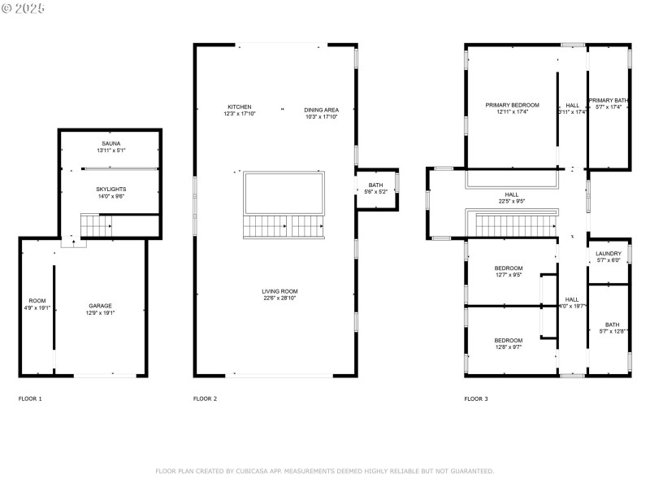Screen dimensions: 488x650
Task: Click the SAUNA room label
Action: [111, 143]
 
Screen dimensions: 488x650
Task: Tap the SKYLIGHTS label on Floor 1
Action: [111, 189]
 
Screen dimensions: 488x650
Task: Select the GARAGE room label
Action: [101, 306]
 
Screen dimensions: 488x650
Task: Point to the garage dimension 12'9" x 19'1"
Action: [101, 313]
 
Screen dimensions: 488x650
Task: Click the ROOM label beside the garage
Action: [37, 301]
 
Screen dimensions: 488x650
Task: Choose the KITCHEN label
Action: [239, 107]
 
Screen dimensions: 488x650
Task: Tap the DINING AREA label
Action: [321, 110]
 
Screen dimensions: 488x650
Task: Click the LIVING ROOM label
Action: [279, 291]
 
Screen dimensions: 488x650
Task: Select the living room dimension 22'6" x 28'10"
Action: [279, 298]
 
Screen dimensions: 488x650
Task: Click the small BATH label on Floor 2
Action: [375, 185]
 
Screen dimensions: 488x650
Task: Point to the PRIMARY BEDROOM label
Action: [512, 105]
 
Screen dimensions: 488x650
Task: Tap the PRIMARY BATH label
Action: [609, 100]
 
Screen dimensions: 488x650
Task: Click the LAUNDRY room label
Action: [609, 254]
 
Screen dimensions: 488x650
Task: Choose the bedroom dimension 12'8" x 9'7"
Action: [508, 347]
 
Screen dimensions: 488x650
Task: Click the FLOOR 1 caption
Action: [30, 399]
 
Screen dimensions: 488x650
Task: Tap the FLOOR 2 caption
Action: [205, 399]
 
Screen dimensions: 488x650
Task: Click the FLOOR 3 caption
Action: [476, 399]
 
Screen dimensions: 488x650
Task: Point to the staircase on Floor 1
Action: [96, 224]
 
